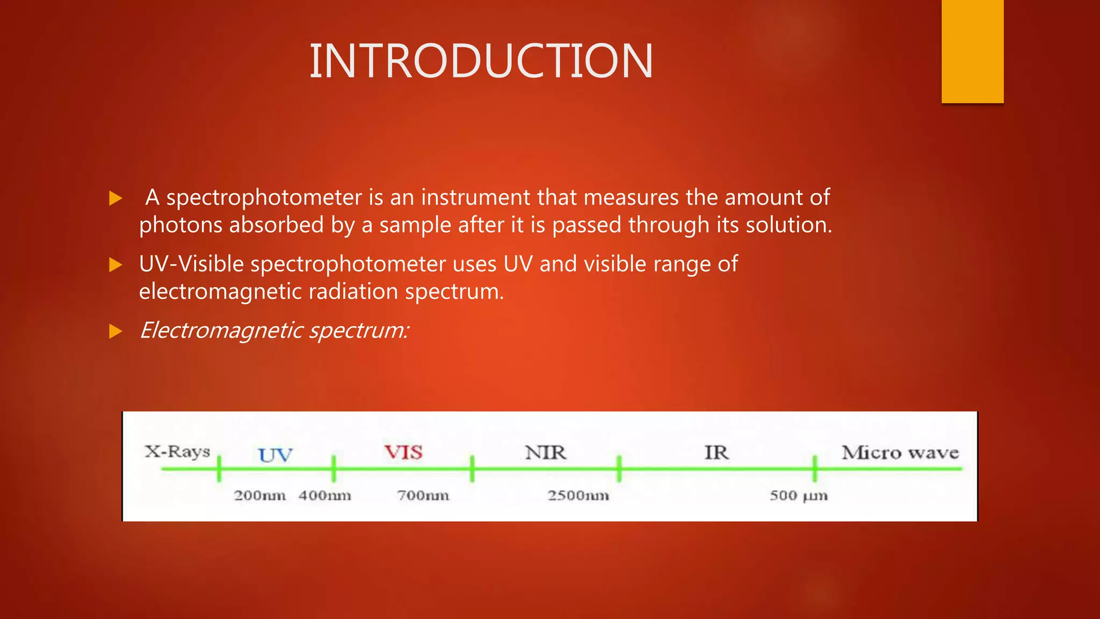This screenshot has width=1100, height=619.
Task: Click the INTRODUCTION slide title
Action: tap(481, 61)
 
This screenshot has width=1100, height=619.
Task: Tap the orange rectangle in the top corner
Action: tap(972, 52)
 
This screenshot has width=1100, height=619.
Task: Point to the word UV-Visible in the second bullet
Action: tap(191, 264)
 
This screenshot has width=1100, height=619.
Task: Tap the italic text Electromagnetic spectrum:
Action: tap(274, 330)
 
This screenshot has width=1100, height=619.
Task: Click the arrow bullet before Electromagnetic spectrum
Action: tap(115, 331)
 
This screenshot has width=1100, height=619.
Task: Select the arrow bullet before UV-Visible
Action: tap(115, 265)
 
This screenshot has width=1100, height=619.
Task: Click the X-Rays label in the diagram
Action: tap(177, 451)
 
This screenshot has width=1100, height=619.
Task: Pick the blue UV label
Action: tap(276, 455)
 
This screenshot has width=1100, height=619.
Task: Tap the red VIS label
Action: tap(403, 452)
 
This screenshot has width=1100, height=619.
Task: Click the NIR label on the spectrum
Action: tap(546, 452)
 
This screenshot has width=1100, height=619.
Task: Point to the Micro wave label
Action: tap(900, 452)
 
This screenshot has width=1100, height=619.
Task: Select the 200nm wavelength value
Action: tap(259, 495)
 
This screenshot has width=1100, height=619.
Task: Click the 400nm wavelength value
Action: tap(325, 495)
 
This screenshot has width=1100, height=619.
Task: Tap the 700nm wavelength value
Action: tap(423, 495)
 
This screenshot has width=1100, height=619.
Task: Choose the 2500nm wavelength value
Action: tap(578, 495)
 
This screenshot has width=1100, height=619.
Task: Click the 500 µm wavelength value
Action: tap(799, 495)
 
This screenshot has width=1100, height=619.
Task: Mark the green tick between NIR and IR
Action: tap(619, 469)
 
